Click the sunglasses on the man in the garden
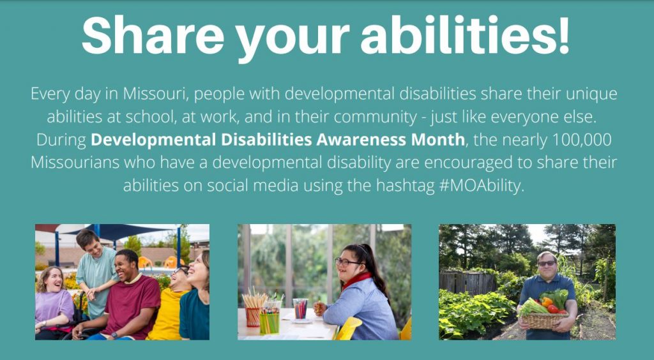(546, 263)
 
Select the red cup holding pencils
(253, 315)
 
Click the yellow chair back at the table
(351, 327)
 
